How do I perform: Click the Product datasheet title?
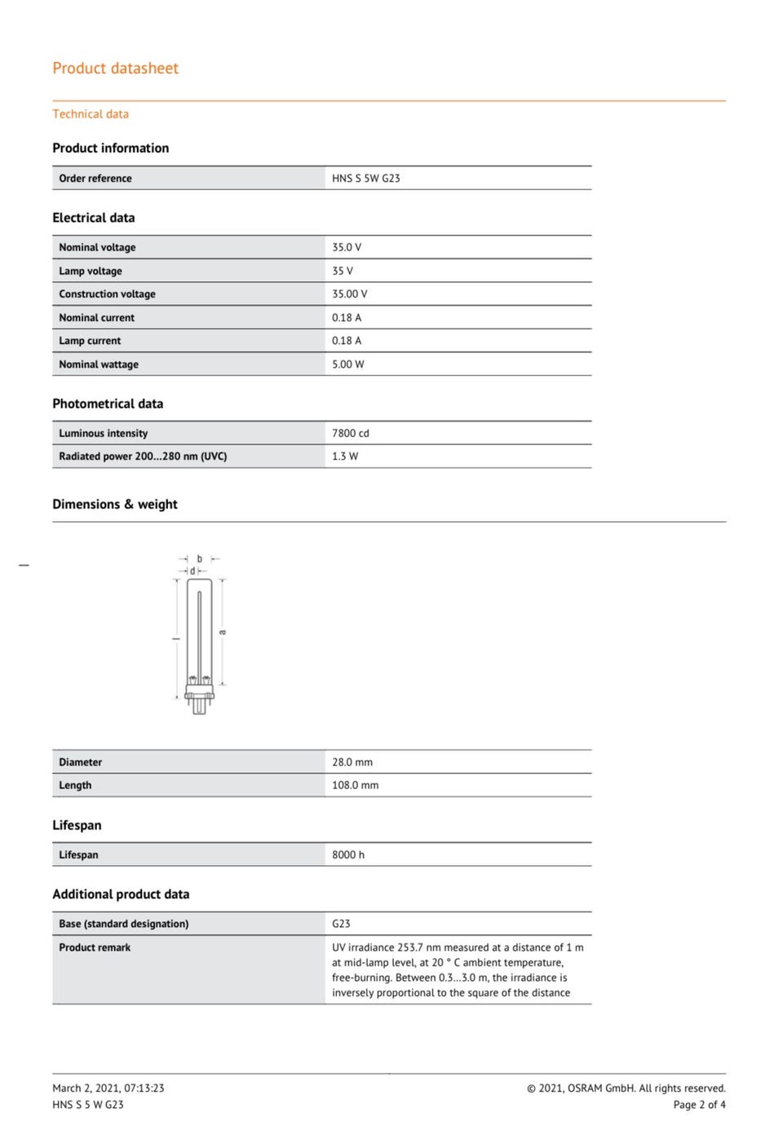(x=115, y=68)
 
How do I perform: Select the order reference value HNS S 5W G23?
(x=365, y=179)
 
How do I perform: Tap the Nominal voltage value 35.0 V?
(x=346, y=247)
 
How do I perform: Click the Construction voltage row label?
(x=107, y=294)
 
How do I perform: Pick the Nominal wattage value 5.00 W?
(x=347, y=364)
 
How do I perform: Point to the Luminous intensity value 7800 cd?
(x=350, y=434)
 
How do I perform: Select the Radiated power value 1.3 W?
(x=344, y=457)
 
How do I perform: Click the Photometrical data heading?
(x=108, y=404)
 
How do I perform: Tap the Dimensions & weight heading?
(x=114, y=505)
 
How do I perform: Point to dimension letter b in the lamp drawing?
(x=199, y=559)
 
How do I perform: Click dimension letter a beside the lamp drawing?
(x=223, y=632)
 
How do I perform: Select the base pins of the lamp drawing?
(x=199, y=705)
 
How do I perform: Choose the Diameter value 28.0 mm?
(x=352, y=762)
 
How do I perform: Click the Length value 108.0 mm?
(x=355, y=785)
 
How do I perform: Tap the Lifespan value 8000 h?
(x=347, y=854)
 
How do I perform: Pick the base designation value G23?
(x=341, y=924)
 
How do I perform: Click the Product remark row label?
(x=95, y=947)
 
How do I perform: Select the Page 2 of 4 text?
(x=699, y=1105)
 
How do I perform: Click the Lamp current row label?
(x=90, y=341)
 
